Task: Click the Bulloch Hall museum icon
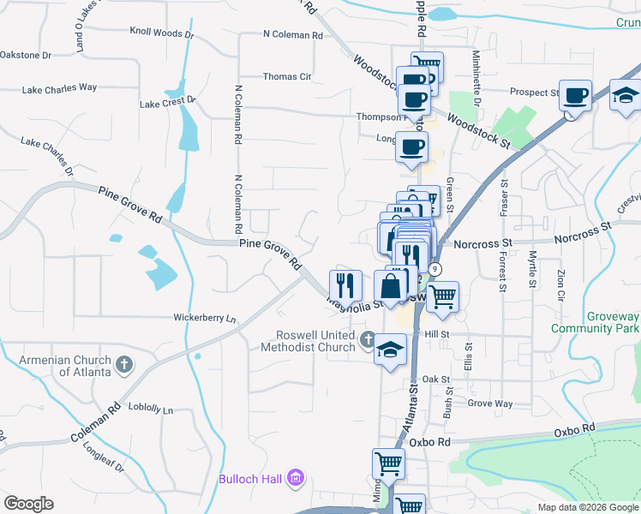point(296,477)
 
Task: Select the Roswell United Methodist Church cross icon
point(368,340)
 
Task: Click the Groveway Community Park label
point(596,322)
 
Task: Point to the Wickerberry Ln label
point(204,318)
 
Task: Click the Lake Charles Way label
point(59,87)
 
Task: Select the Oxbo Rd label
point(574,428)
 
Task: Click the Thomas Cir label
point(287,76)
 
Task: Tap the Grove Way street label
point(490,403)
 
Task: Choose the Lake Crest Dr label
point(168,103)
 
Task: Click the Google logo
point(28,504)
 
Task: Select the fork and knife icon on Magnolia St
point(345,284)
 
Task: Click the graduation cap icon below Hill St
point(391,350)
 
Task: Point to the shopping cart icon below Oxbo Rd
point(388,464)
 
